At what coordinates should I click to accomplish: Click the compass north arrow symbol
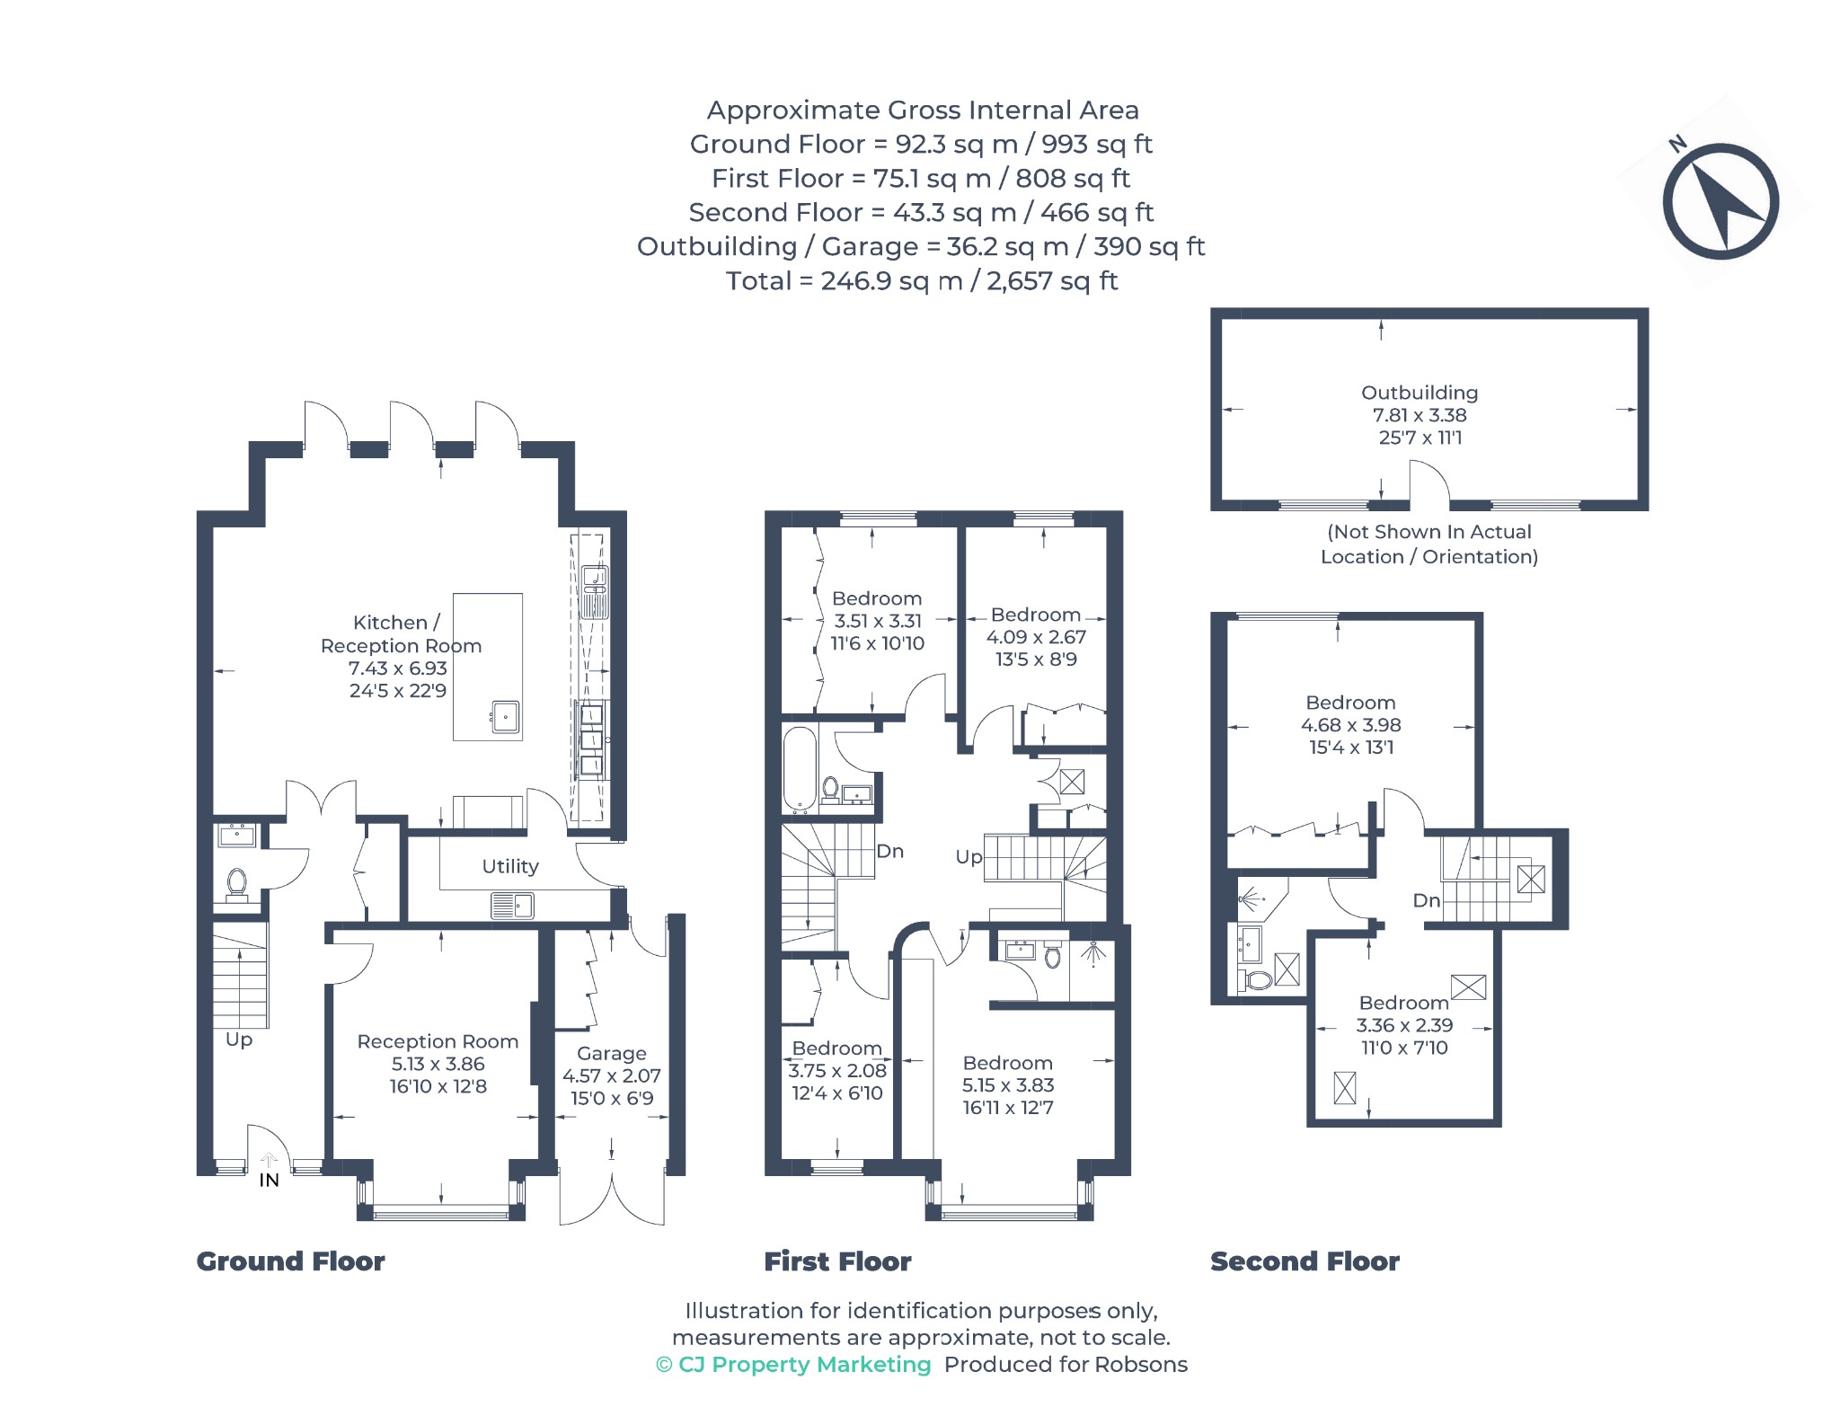coord(1720,201)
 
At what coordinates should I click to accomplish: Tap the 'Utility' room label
coord(510,866)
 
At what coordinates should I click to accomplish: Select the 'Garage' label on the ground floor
coord(612,1053)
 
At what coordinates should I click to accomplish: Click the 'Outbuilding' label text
coord(1420,393)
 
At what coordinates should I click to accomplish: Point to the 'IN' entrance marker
coord(269,1180)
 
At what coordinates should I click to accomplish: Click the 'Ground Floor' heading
coord(290,1261)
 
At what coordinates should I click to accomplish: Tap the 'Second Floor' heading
coord(1305,1261)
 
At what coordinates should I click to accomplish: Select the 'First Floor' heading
coord(837,1261)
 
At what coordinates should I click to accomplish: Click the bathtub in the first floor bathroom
coord(800,769)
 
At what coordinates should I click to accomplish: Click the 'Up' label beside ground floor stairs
coord(239,1040)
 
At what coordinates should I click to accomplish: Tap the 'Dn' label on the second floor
coord(1427,900)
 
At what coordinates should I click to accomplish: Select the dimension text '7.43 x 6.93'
coord(398,668)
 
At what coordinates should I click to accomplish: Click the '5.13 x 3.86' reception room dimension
coord(438,1064)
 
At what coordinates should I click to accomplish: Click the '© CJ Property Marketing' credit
coord(793,1365)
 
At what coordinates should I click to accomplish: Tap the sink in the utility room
coord(513,906)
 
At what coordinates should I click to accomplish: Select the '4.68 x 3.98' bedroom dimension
coord(1350,725)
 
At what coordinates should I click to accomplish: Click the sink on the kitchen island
coord(505,717)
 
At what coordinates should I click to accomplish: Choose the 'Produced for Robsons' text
coord(1066,1365)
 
